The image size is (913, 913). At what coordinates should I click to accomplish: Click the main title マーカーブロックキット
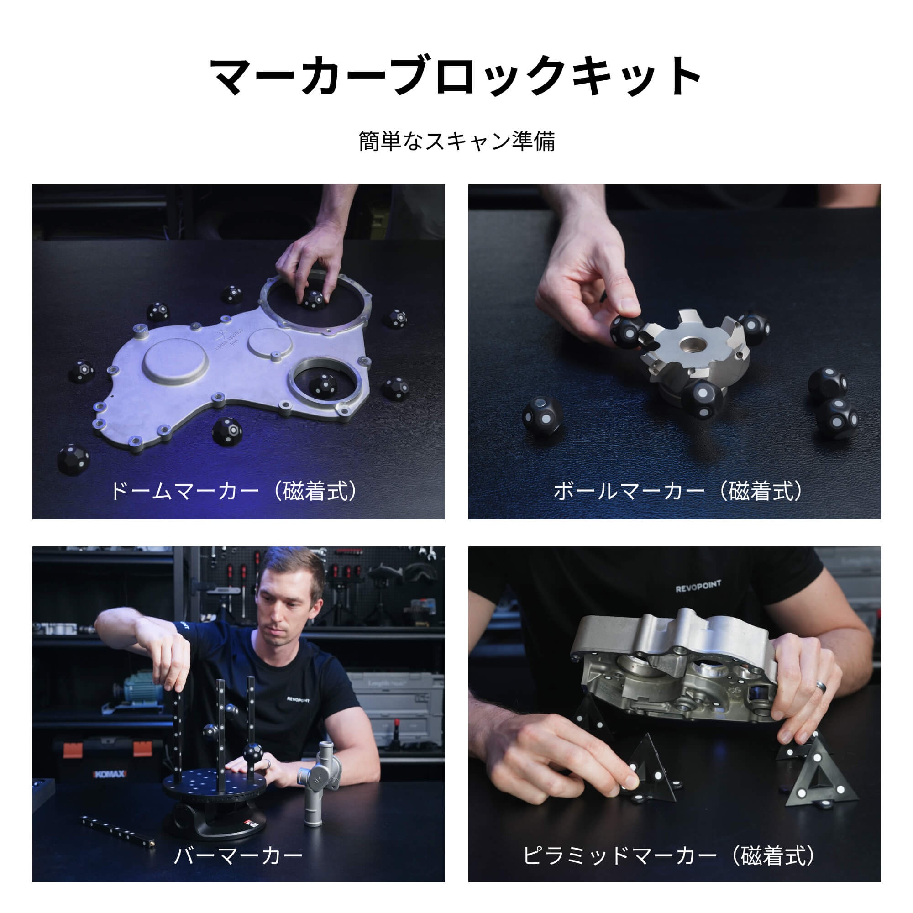tap(456, 76)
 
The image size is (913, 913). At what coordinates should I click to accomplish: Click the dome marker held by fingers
tap(313, 299)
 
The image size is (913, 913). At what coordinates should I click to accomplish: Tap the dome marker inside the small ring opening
tap(323, 385)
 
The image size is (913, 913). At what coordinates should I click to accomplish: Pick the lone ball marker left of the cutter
tap(542, 415)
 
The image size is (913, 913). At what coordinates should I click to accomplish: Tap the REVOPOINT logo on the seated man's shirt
tap(298, 699)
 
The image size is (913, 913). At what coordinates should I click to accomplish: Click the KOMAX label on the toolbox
tap(110, 774)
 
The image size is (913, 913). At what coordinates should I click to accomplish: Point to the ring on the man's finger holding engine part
tap(822, 686)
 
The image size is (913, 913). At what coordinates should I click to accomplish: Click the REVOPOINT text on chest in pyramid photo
tap(698, 587)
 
